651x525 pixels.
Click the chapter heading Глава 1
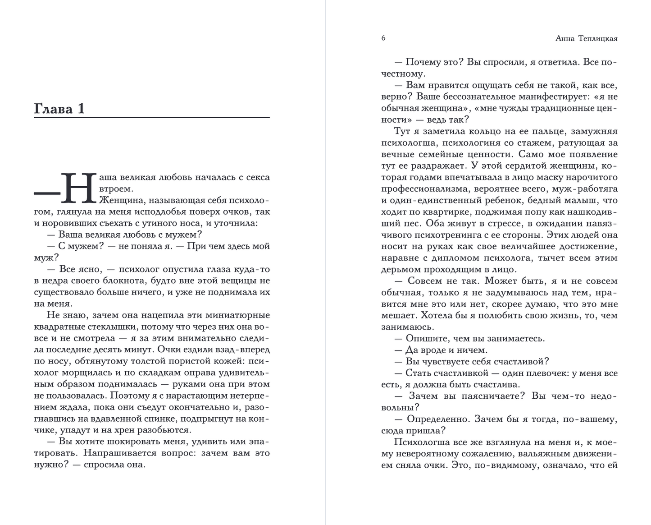tap(59, 109)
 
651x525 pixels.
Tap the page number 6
tap(383, 38)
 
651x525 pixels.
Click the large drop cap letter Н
tap(79, 187)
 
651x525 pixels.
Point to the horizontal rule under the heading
tap(152, 117)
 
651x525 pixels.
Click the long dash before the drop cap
tap(47, 193)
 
